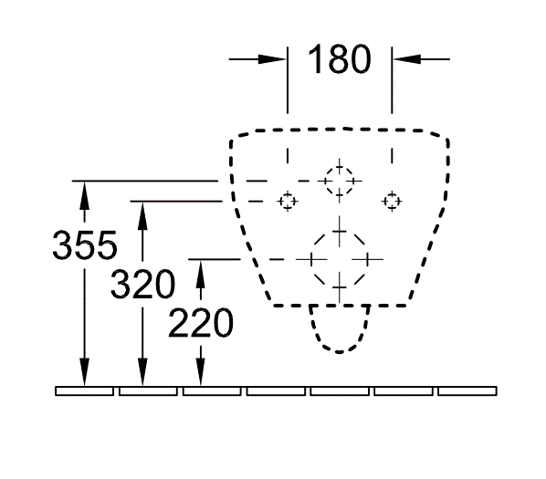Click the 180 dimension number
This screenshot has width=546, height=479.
[x=340, y=59]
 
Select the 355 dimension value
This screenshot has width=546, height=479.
[x=85, y=245]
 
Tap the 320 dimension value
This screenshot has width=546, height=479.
[x=142, y=284]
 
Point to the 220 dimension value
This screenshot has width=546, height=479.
[x=201, y=323]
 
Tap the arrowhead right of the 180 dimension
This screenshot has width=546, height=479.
[x=406, y=59]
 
